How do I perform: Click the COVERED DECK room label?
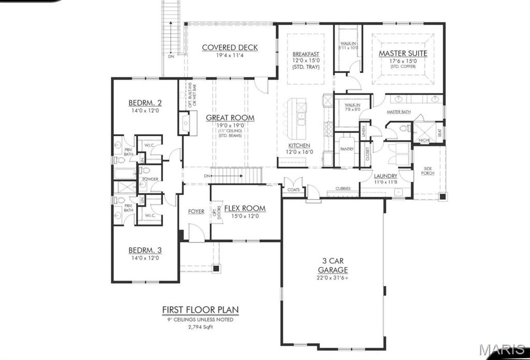[x=230, y=48]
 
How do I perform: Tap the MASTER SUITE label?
[x=403, y=53]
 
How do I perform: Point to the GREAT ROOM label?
[x=230, y=118]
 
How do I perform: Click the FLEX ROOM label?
[x=245, y=208]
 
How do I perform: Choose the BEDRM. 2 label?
[x=145, y=103]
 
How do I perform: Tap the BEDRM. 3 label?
[x=145, y=250]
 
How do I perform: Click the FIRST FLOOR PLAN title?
[x=200, y=310]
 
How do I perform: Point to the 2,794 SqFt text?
[x=200, y=327]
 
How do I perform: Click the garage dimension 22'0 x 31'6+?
[x=333, y=278]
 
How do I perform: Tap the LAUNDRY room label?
[x=386, y=176]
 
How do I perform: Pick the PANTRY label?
[x=346, y=149]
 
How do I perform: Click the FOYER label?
[x=196, y=211]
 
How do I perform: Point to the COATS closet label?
[x=293, y=190]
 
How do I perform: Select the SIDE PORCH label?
[x=428, y=171]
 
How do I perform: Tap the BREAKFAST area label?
[x=305, y=54]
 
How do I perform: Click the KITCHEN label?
[x=299, y=146]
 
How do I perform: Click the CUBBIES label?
[x=343, y=189]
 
